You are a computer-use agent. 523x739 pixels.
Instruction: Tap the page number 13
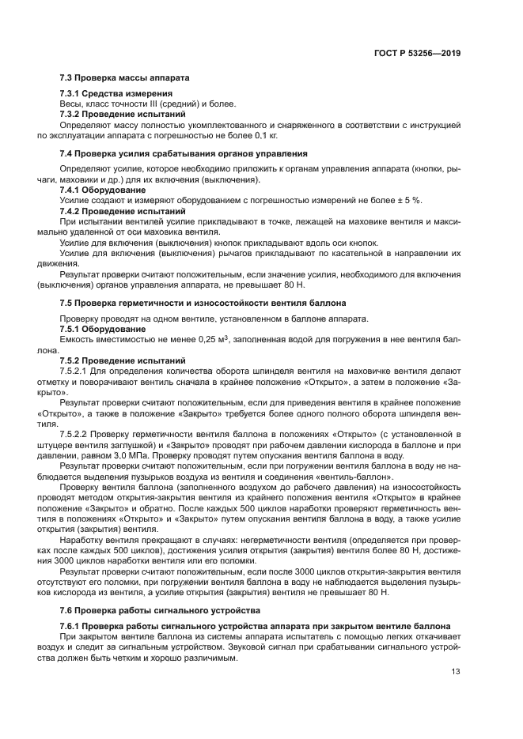click(456, 673)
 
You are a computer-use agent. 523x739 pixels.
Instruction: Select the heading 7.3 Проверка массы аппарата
click(125, 78)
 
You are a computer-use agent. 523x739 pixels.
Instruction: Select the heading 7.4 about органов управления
click(184, 153)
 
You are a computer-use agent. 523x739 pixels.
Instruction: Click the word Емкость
click(78, 339)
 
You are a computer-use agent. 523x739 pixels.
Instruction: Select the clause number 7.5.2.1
click(78, 370)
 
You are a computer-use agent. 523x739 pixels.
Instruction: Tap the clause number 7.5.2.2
click(78, 435)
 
